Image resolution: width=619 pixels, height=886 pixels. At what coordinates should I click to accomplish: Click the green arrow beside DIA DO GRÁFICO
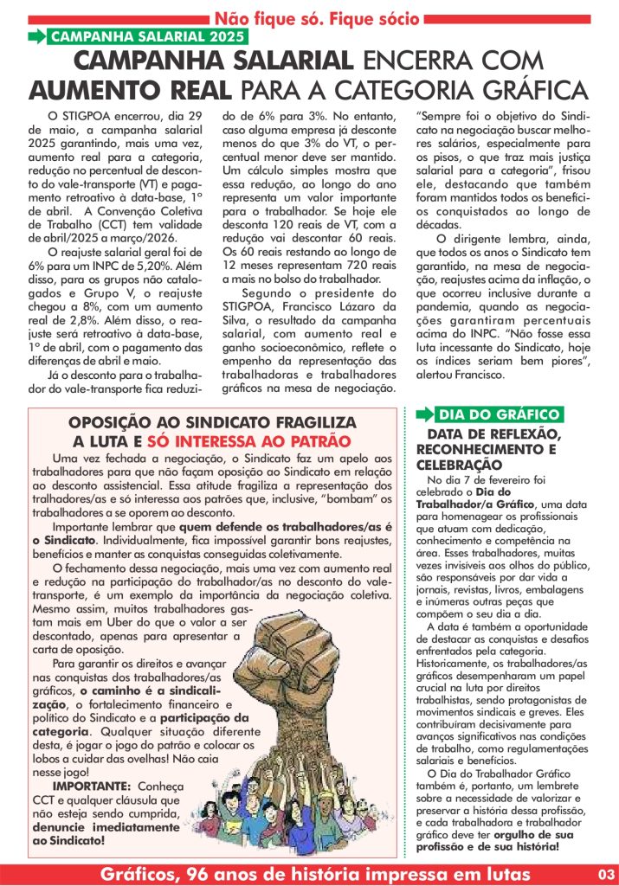tap(424, 414)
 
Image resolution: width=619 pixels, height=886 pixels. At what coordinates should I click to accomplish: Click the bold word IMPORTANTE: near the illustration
tap(91, 785)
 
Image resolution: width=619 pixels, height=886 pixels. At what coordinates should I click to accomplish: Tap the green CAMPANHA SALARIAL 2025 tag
tap(146, 36)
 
